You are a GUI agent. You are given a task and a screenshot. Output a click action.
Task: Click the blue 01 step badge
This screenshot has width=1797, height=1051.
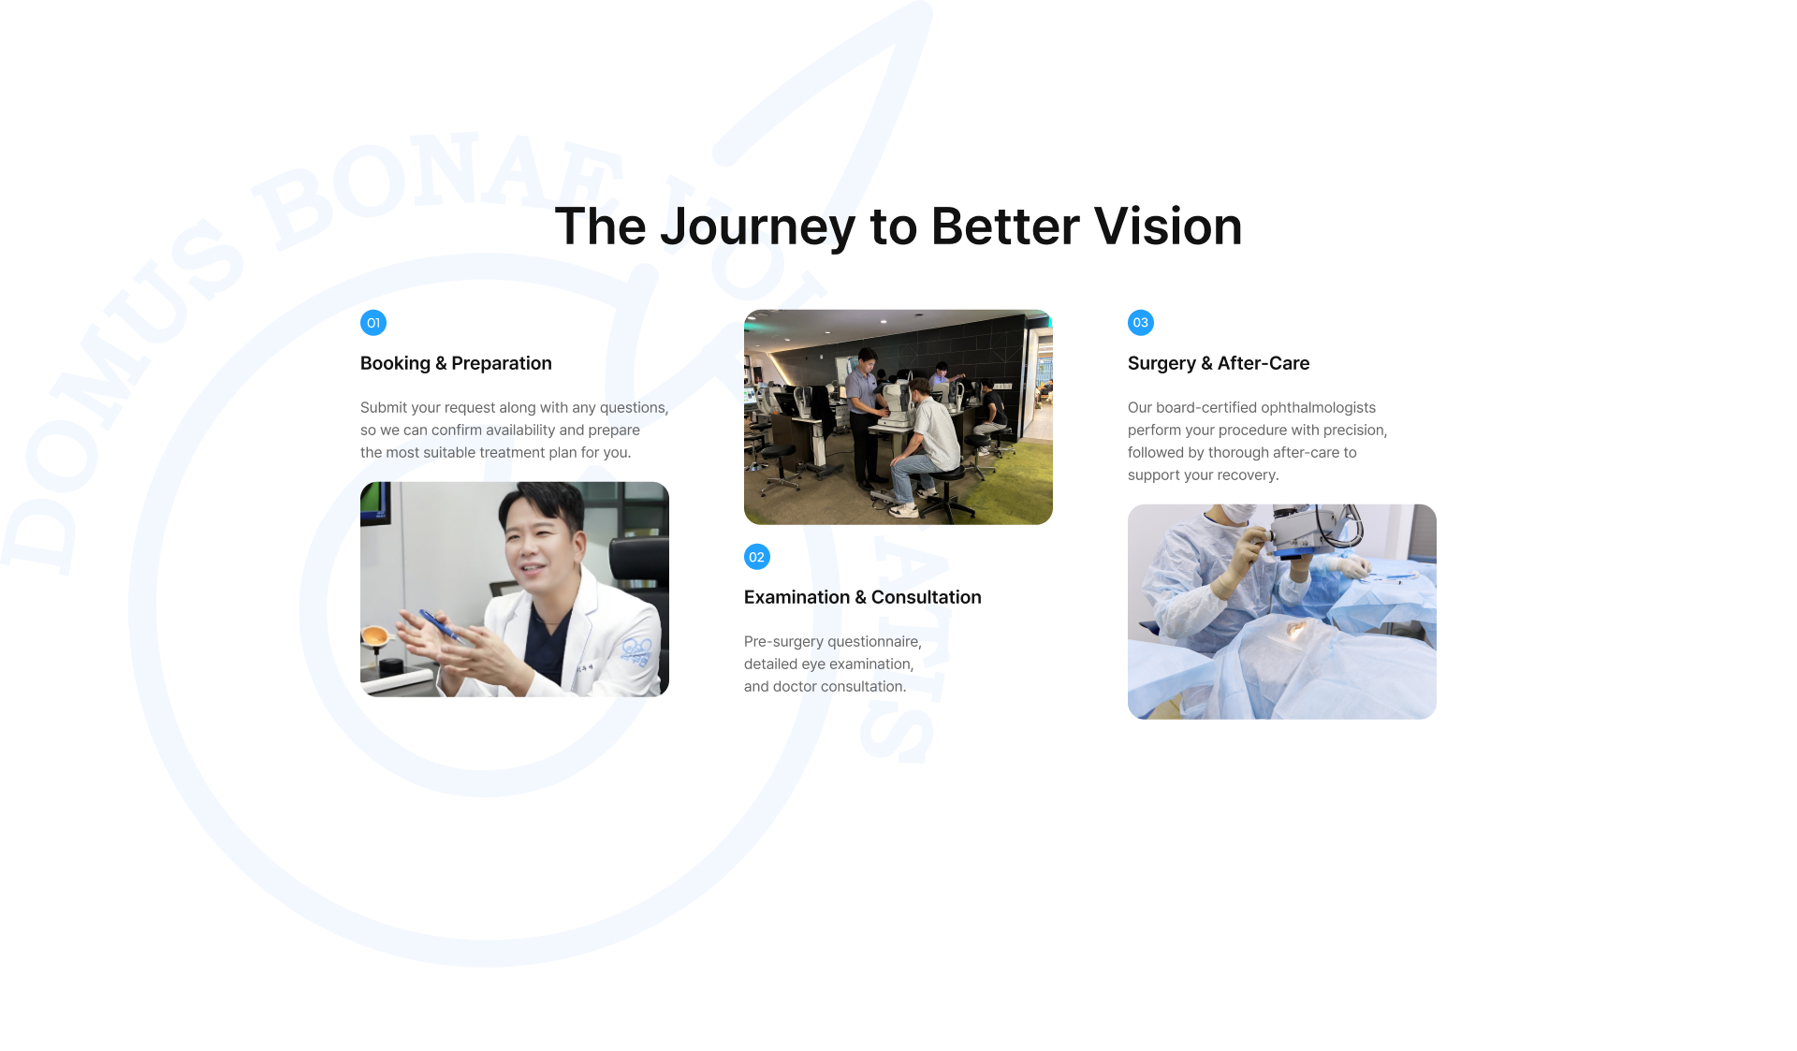pos(373,323)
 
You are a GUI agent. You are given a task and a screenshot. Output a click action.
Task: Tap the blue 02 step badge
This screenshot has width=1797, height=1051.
pos(757,557)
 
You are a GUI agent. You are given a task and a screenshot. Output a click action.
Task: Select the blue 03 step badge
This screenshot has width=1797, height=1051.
pos(1141,323)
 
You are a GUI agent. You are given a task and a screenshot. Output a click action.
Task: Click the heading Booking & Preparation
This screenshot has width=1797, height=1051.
pos(456,363)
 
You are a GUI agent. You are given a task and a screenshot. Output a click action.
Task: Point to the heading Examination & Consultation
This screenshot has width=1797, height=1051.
pos(863,597)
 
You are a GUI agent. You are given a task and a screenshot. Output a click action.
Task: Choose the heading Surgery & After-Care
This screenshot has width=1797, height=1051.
pos(1219,363)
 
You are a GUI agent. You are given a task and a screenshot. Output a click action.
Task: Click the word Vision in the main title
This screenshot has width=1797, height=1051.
pos(1168,226)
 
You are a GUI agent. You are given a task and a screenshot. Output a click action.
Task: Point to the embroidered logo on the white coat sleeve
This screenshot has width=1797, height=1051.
pos(636,650)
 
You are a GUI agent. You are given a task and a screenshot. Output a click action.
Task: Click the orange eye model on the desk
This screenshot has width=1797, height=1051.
pos(375,640)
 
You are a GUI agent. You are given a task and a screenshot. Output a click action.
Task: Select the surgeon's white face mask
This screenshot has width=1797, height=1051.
pos(1241,514)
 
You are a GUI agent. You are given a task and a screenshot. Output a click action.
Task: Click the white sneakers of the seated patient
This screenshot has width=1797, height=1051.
pos(904,508)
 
